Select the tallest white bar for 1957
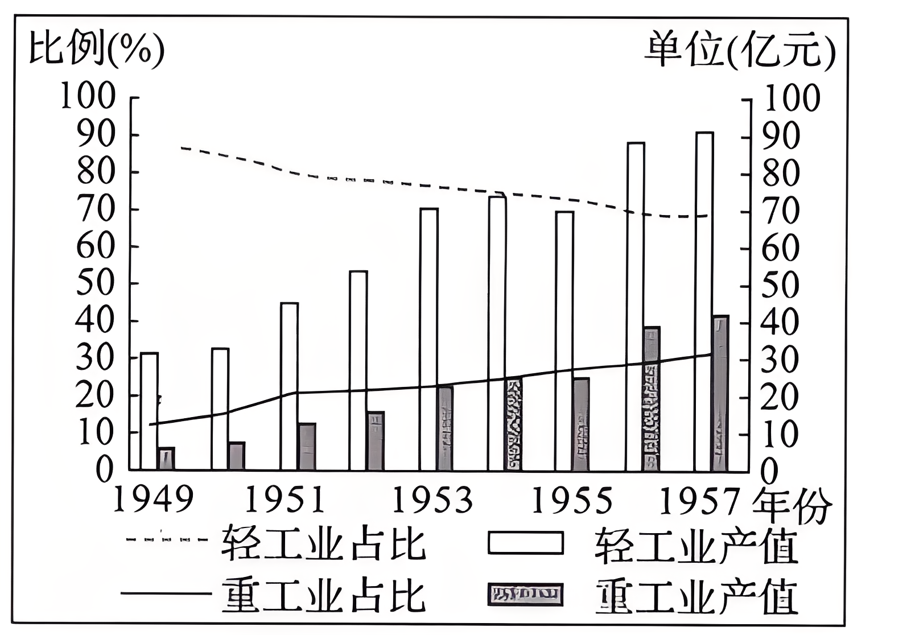(x=704, y=301)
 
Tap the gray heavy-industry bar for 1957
(x=720, y=393)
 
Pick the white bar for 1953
(x=429, y=339)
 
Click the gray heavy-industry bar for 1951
(x=307, y=447)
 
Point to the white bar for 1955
(x=564, y=340)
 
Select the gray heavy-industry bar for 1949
(x=166, y=459)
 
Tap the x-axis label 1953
(x=432, y=500)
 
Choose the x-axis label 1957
(x=700, y=500)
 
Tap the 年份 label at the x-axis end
(x=792, y=505)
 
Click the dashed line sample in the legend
(x=166, y=538)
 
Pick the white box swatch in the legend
(x=525, y=542)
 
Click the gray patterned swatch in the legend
(x=525, y=595)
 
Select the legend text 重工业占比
(x=323, y=596)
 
